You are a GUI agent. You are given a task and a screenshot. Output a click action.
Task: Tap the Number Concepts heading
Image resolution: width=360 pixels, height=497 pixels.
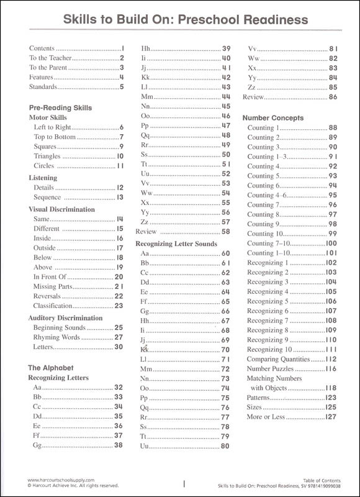pyautogui.click(x=273, y=117)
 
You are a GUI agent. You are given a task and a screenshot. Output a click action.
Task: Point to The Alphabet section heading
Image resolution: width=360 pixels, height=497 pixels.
pyautogui.click(x=51, y=367)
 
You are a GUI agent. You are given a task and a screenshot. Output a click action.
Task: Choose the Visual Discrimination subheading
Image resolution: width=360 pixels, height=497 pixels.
pyautogui.click(x=62, y=209)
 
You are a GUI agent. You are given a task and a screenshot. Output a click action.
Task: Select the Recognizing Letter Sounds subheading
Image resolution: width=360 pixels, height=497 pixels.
pyautogui.click(x=176, y=244)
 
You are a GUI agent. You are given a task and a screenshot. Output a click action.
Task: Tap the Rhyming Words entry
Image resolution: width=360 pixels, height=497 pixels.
pyautogui.click(x=56, y=337)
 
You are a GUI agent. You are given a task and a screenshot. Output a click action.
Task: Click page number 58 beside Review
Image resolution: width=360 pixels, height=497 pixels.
pyautogui.click(x=226, y=232)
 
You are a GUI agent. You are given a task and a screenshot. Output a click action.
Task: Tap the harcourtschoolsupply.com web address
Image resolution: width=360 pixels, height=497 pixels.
pyautogui.click(x=61, y=480)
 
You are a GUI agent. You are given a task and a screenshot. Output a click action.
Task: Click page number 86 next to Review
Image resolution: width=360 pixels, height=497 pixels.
pyautogui.click(x=333, y=97)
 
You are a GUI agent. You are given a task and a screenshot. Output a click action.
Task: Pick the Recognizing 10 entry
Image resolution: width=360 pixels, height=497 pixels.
pyautogui.click(x=270, y=350)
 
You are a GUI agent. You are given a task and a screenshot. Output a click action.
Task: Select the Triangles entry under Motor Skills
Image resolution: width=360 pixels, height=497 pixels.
pyautogui.click(x=47, y=157)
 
